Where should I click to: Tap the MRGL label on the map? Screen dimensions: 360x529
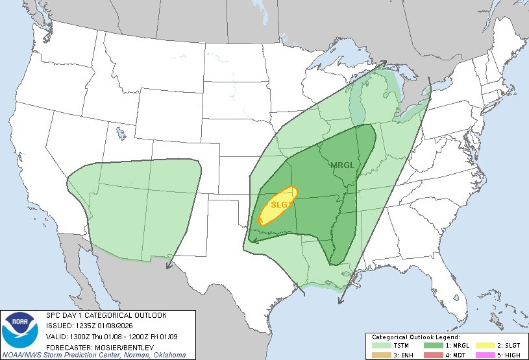(x=343, y=165)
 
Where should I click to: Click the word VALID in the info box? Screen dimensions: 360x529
(x=57, y=336)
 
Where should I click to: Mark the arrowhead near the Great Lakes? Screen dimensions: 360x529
(x=383, y=64)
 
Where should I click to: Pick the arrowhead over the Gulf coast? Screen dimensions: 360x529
(x=339, y=304)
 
